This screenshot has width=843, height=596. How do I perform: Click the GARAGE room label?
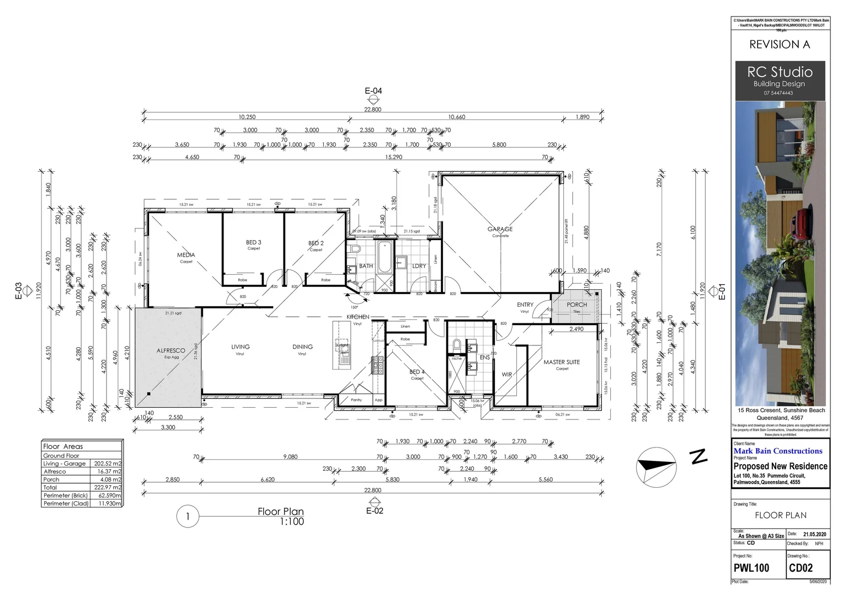(x=500, y=229)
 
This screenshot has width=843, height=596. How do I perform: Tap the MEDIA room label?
(x=186, y=255)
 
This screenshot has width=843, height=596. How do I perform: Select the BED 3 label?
(x=253, y=242)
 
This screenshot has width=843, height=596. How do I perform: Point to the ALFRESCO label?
(x=171, y=350)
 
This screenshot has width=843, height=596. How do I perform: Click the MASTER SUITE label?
(x=562, y=362)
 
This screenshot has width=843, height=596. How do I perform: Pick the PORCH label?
(x=577, y=305)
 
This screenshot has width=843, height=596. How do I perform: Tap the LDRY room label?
(x=419, y=266)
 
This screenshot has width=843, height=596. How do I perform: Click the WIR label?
(x=506, y=374)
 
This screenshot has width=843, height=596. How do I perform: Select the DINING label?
(x=302, y=347)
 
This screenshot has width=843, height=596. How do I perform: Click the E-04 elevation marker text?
(x=374, y=91)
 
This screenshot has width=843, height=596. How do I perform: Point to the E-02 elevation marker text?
(x=375, y=511)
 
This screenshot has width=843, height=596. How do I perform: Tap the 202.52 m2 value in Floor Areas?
(x=108, y=464)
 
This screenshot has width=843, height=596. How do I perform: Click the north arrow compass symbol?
(x=655, y=465)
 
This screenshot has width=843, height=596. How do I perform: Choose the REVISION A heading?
(x=780, y=45)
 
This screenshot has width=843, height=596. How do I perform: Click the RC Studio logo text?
(x=780, y=72)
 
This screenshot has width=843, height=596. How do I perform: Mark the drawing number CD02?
(x=801, y=568)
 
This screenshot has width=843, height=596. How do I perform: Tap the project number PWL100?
(x=751, y=568)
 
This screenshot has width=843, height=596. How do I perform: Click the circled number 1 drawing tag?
(x=188, y=517)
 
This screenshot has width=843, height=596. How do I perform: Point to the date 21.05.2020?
(x=815, y=534)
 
